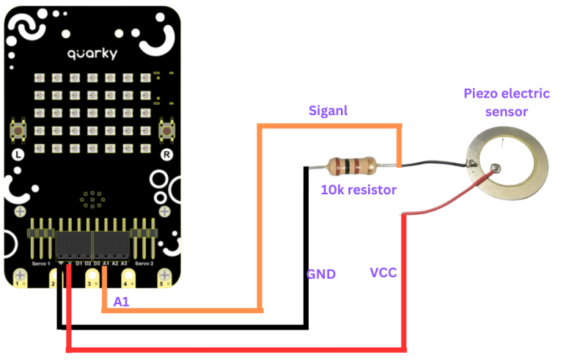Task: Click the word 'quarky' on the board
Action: point(92,54)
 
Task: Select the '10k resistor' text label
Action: point(358,190)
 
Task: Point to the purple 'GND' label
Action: point(320,274)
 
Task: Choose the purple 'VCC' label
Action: point(383,273)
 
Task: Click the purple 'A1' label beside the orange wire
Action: point(121,301)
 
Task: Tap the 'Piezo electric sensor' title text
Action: point(496,103)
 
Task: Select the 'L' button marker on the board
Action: point(20,155)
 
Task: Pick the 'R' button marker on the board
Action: point(166,155)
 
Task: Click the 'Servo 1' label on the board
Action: point(41,262)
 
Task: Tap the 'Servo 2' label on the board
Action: point(145,262)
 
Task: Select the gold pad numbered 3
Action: point(91,279)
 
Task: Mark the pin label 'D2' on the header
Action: point(87,262)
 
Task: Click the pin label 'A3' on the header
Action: point(124,262)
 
